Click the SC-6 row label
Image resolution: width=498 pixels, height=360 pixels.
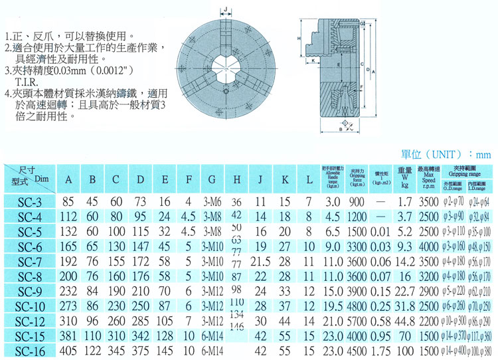pyautogui.click(x=30, y=245)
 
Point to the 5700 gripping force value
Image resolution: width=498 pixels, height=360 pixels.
pyautogui.click(x=357, y=321)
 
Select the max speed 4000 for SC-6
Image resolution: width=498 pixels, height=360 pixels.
pyautogui.click(x=428, y=246)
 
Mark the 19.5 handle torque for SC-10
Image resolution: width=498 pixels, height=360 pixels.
pyautogui.click(x=333, y=306)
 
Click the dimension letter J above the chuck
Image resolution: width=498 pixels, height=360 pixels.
pyautogui.click(x=226, y=9)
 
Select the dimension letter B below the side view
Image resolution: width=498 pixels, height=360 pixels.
pyautogui.click(x=340, y=130)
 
